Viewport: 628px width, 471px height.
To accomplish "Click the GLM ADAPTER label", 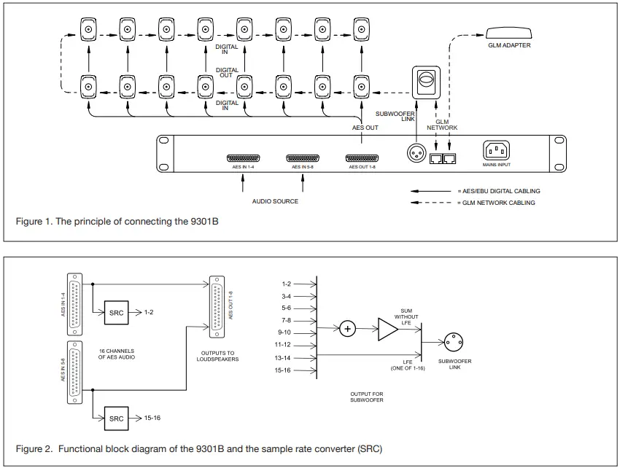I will (508, 45).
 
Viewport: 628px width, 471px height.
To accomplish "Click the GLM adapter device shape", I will (508, 32).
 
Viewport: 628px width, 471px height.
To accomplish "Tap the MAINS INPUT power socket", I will (496, 150).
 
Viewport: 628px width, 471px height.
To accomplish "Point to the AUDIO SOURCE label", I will (275, 201).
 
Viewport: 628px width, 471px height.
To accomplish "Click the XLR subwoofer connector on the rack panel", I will (416, 152).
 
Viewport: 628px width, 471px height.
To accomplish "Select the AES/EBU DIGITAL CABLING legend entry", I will (498, 191).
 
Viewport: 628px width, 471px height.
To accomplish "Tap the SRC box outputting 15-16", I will (117, 419).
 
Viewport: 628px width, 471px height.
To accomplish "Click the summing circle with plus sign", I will (348, 330).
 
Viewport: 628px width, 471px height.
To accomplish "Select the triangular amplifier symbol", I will (387, 330).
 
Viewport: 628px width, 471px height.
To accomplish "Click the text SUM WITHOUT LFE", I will (406, 316).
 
